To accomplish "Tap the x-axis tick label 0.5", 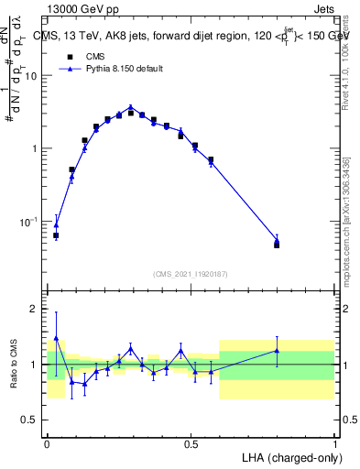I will coord(191,443).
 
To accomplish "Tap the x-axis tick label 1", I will coord(334,443).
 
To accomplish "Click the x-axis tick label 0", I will coord(48,443).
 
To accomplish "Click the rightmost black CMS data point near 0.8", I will coord(277,245).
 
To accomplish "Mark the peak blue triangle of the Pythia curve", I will coord(131,107).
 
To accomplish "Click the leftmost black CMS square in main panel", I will coord(56,235).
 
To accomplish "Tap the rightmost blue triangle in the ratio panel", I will coord(277,350).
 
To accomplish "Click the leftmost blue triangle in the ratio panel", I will coord(56,337).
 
